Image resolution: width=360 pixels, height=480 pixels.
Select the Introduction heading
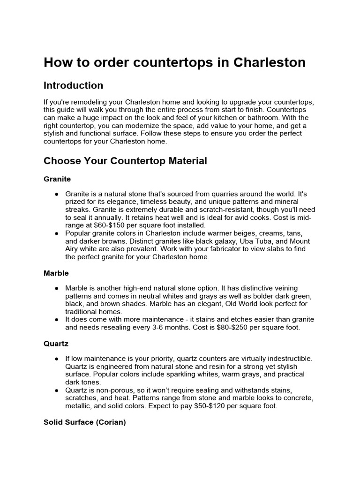click(x=73, y=86)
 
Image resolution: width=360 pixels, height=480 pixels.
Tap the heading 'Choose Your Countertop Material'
click(x=125, y=161)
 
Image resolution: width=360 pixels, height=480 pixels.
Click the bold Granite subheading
click(x=57, y=179)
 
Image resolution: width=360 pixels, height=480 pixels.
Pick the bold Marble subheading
click(x=56, y=273)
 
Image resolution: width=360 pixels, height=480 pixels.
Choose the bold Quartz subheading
click(x=56, y=344)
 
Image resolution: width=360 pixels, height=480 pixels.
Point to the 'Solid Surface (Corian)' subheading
click(x=85, y=422)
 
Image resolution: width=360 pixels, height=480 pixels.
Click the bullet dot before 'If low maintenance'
click(x=56, y=359)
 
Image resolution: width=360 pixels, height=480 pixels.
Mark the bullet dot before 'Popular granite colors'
click(x=56, y=233)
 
